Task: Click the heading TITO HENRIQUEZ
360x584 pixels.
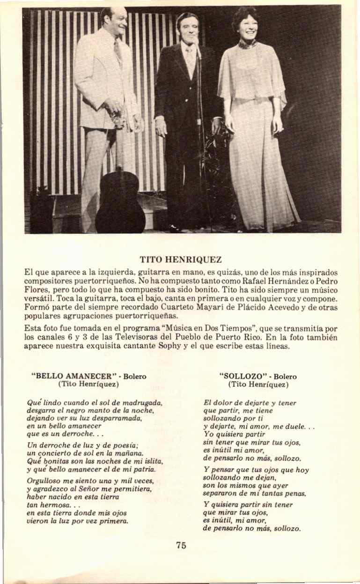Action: pyautogui.click(x=180, y=259)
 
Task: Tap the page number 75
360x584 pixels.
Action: pyautogui.click(x=181, y=545)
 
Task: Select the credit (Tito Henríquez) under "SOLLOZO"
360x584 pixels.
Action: pyautogui.click(x=258, y=384)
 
